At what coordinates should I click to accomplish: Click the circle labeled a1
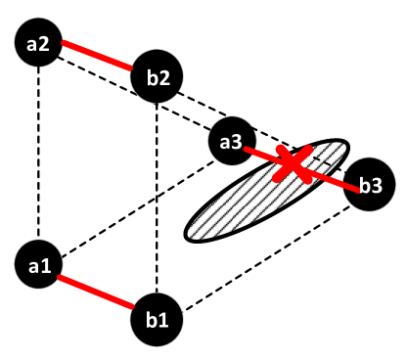[39, 266]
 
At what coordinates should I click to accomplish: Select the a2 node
[39, 44]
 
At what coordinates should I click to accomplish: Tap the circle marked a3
[232, 143]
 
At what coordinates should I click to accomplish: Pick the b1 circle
[157, 319]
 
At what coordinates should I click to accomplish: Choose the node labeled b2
[157, 77]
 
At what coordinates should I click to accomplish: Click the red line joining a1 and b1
[96, 292]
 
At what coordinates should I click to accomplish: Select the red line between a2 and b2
[97, 56]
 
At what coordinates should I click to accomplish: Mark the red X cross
[293, 163]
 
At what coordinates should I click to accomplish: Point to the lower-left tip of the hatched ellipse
[191, 234]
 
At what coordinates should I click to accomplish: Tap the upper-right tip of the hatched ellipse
[343, 147]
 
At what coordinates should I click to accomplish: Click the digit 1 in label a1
[46, 265]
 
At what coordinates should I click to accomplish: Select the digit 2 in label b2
[163, 77]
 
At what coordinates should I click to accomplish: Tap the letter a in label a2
[33, 45]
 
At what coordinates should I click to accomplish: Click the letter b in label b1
[151, 319]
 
